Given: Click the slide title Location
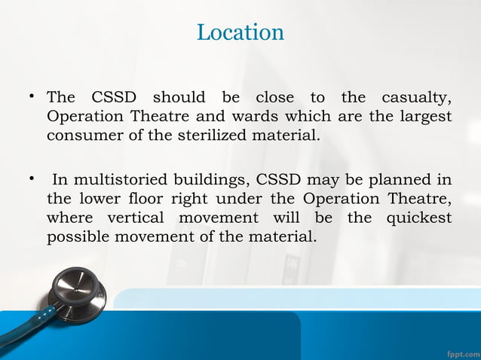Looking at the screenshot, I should pyautogui.click(x=240, y=32).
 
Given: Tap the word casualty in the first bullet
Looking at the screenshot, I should pyautogui.click(x=417, y=98).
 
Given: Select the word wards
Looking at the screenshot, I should pyautogui.click(x=224, y=117).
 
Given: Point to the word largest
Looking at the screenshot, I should pyautogui.click(x=422, y=117).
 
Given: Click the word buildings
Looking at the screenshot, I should pyautogui.click(x=213, y=181).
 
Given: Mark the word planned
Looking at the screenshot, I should pyautogui.click(x=399, y=181).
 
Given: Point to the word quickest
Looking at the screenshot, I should pyautogui.click(x=419, y=218).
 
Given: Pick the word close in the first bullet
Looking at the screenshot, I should pyautogui.click(x=274, y=98).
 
